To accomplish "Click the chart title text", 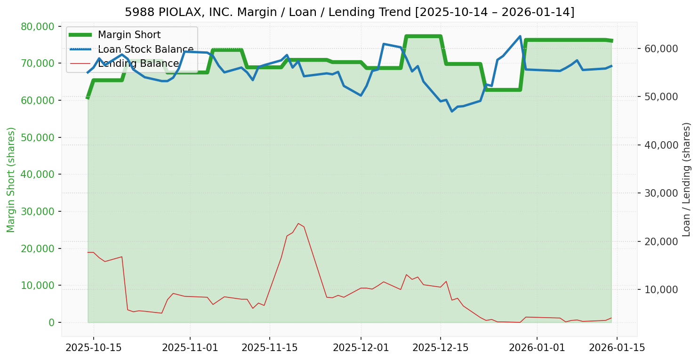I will point(349,12).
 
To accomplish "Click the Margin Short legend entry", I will point(129,35).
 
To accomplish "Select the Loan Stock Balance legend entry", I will point(145,49).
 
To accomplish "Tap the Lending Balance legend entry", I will point(138,64).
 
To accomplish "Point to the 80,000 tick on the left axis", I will point(38,26).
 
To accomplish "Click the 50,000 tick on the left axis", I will point(38,137).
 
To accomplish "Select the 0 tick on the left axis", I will point(51,322).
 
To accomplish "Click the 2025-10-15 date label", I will point(93,348).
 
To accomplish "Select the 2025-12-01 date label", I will point(361,348).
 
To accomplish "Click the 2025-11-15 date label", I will point(270,348).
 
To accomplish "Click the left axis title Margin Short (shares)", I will point(11,179).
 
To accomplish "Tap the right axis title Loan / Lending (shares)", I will point(686,179).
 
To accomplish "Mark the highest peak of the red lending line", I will point(298,223).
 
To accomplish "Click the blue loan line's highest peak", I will point(520,36).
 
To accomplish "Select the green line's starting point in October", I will point(88,98).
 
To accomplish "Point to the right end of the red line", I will point(611,318).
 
